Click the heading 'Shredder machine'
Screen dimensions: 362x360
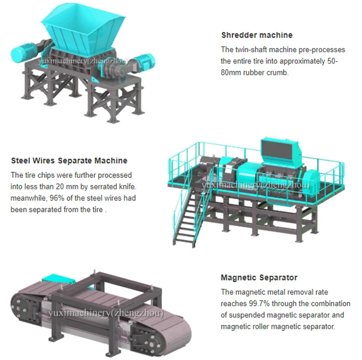pos(257,35)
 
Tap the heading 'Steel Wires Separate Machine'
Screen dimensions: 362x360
pos(69,161)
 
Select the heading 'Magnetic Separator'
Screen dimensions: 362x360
pos(259,277)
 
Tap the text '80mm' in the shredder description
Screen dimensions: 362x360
pos(230,72)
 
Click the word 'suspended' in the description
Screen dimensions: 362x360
pos(250,315)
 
